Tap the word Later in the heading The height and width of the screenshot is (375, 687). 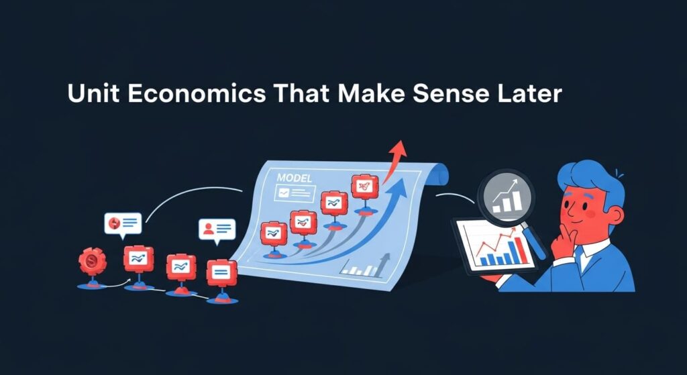click(527, 93)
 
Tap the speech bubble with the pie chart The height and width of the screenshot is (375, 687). click(123, 223)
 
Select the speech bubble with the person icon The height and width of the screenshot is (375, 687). click(217, 229)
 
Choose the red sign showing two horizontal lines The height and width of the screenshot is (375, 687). click(221, 272)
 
